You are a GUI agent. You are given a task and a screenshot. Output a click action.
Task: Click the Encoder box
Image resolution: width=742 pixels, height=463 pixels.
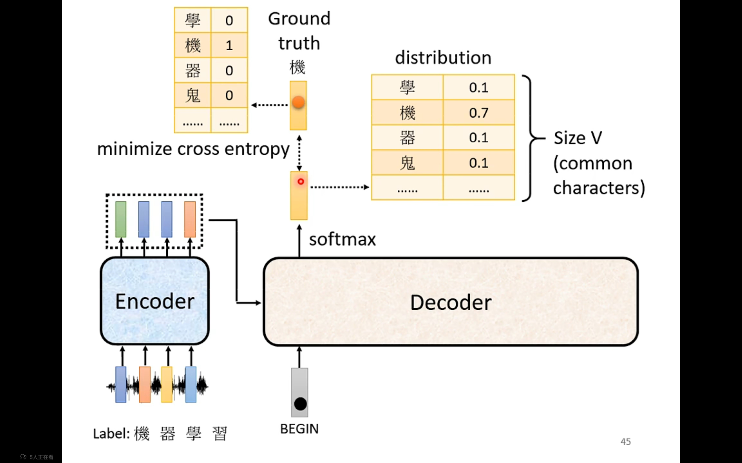(154, 301)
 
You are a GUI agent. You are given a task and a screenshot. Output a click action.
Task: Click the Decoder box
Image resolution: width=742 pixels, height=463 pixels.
(451, 302)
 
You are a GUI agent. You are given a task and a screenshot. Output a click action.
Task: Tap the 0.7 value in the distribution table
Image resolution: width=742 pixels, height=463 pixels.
(479, 113)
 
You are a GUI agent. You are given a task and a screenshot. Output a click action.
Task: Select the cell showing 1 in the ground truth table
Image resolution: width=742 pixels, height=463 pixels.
(229, 45)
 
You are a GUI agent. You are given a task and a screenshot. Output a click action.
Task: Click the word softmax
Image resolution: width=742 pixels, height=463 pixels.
(342, 240)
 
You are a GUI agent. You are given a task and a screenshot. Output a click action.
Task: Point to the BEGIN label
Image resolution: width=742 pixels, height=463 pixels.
(299, 429)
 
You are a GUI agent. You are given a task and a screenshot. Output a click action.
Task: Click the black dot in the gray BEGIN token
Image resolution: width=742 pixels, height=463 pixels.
(300, 404)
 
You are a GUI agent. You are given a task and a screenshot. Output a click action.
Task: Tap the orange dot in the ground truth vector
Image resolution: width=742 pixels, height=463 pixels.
(298, 102)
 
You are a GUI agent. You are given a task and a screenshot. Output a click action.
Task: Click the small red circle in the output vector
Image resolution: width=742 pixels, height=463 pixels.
(301, 182)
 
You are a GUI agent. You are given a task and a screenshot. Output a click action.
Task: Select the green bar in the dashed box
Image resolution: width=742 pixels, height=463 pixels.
(121, 219)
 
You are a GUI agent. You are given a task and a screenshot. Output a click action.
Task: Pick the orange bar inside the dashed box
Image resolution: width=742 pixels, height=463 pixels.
(190, 219)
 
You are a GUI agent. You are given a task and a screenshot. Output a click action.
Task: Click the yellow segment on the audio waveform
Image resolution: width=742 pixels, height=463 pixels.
(167, 385)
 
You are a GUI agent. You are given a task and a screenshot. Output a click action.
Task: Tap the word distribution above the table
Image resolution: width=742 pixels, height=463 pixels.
(443, 58)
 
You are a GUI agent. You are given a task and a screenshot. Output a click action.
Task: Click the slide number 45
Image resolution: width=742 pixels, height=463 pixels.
(625, 442)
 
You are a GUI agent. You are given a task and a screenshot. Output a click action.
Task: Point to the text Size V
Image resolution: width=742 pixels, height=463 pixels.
(578, 138)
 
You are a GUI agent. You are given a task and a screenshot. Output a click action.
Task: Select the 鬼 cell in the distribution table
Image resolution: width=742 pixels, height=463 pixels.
(408, 163)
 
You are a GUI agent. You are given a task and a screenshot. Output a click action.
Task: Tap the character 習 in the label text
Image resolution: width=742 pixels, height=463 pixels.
(219, 433)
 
